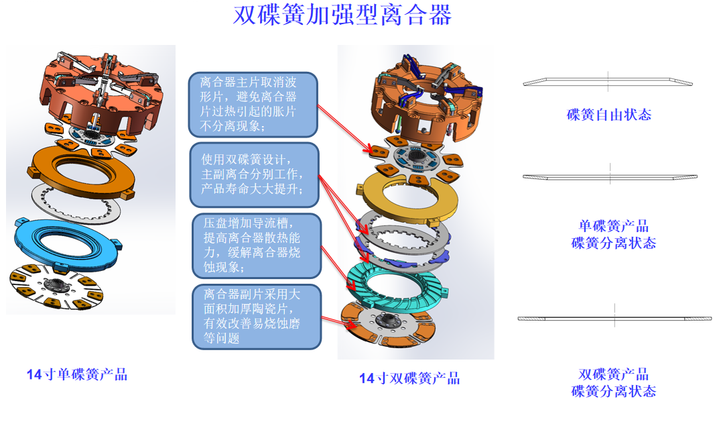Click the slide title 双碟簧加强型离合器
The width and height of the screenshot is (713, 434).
[x=342, y=15]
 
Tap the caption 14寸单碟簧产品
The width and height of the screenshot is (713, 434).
[x=76, y=374]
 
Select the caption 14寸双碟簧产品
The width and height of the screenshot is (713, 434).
[x=409, y=378]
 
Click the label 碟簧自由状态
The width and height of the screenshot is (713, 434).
[x=608, y=114]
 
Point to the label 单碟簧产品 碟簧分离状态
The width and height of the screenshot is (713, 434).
[x=613, y=234]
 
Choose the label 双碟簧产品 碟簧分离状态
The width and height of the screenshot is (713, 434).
[x=613, y=383]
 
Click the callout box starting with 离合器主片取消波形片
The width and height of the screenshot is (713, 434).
[x=253, y=104]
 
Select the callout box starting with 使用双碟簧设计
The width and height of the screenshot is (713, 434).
[x=253, y=174]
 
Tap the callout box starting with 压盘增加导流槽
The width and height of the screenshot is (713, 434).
[x=255, y=245]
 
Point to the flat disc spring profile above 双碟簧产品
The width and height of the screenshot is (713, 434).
[x=613, y=319]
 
